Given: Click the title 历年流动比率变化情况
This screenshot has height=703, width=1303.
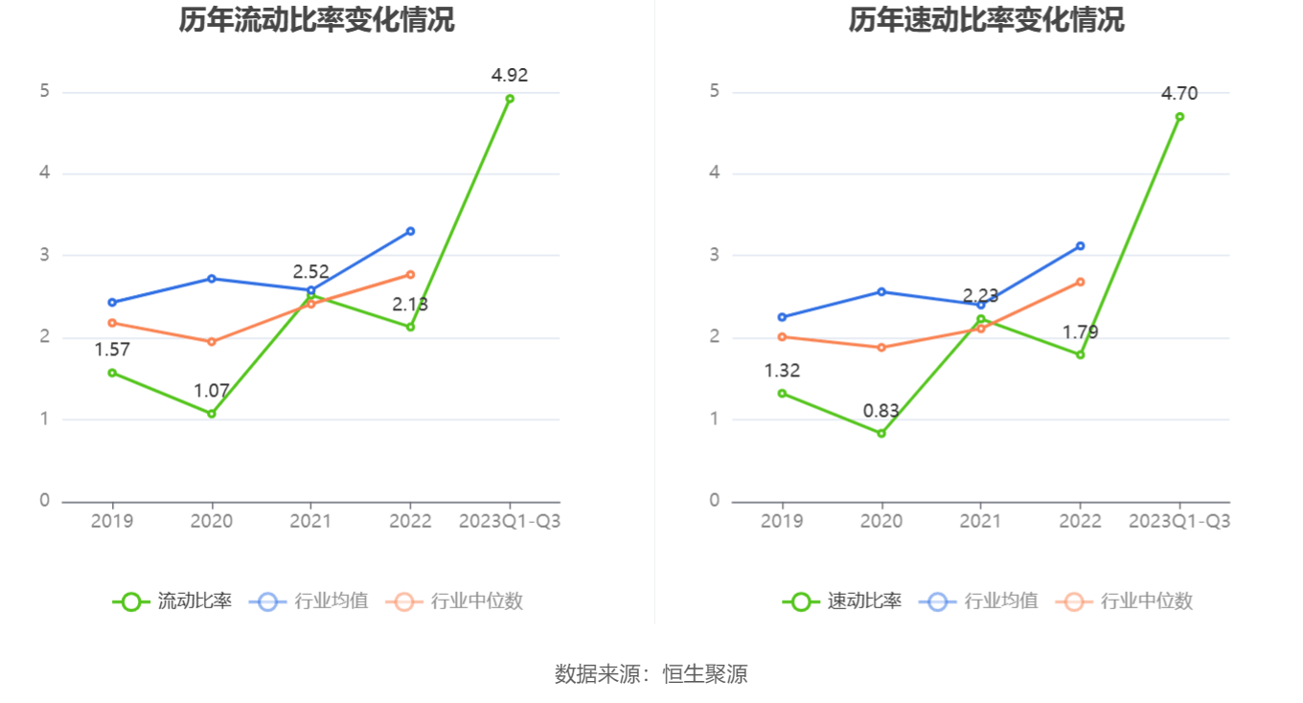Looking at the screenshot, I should pos(316,19).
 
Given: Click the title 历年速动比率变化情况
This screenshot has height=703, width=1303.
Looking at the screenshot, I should pos(986,19).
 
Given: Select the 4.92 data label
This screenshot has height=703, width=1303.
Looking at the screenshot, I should pos(510,76).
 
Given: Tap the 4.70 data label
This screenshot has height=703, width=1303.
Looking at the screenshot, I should pos(1179,93).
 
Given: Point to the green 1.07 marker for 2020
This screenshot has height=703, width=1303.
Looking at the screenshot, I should pos(212,414).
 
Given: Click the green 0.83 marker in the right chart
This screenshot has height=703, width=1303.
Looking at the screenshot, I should pos(881,434).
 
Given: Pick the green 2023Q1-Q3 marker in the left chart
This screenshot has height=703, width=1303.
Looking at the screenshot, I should pos(510,99).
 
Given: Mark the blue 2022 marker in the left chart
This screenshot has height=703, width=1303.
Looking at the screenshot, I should pos(410,231).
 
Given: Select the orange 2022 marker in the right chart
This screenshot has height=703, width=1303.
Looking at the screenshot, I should pos(1080,282).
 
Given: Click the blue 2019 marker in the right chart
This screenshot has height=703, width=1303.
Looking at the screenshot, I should pos(782,317).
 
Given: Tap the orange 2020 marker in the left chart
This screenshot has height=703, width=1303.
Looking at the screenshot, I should pos(212,342).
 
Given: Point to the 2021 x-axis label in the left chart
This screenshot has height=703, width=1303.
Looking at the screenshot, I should pos(310,521).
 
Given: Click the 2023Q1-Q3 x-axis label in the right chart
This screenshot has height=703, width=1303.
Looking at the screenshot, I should pos(1179,521).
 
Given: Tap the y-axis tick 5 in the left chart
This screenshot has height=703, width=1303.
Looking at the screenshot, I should pos(44,92).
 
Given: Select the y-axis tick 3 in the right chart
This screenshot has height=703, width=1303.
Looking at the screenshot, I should pos(714,256).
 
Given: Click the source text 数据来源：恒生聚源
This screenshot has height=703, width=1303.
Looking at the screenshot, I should pos(651,674).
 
